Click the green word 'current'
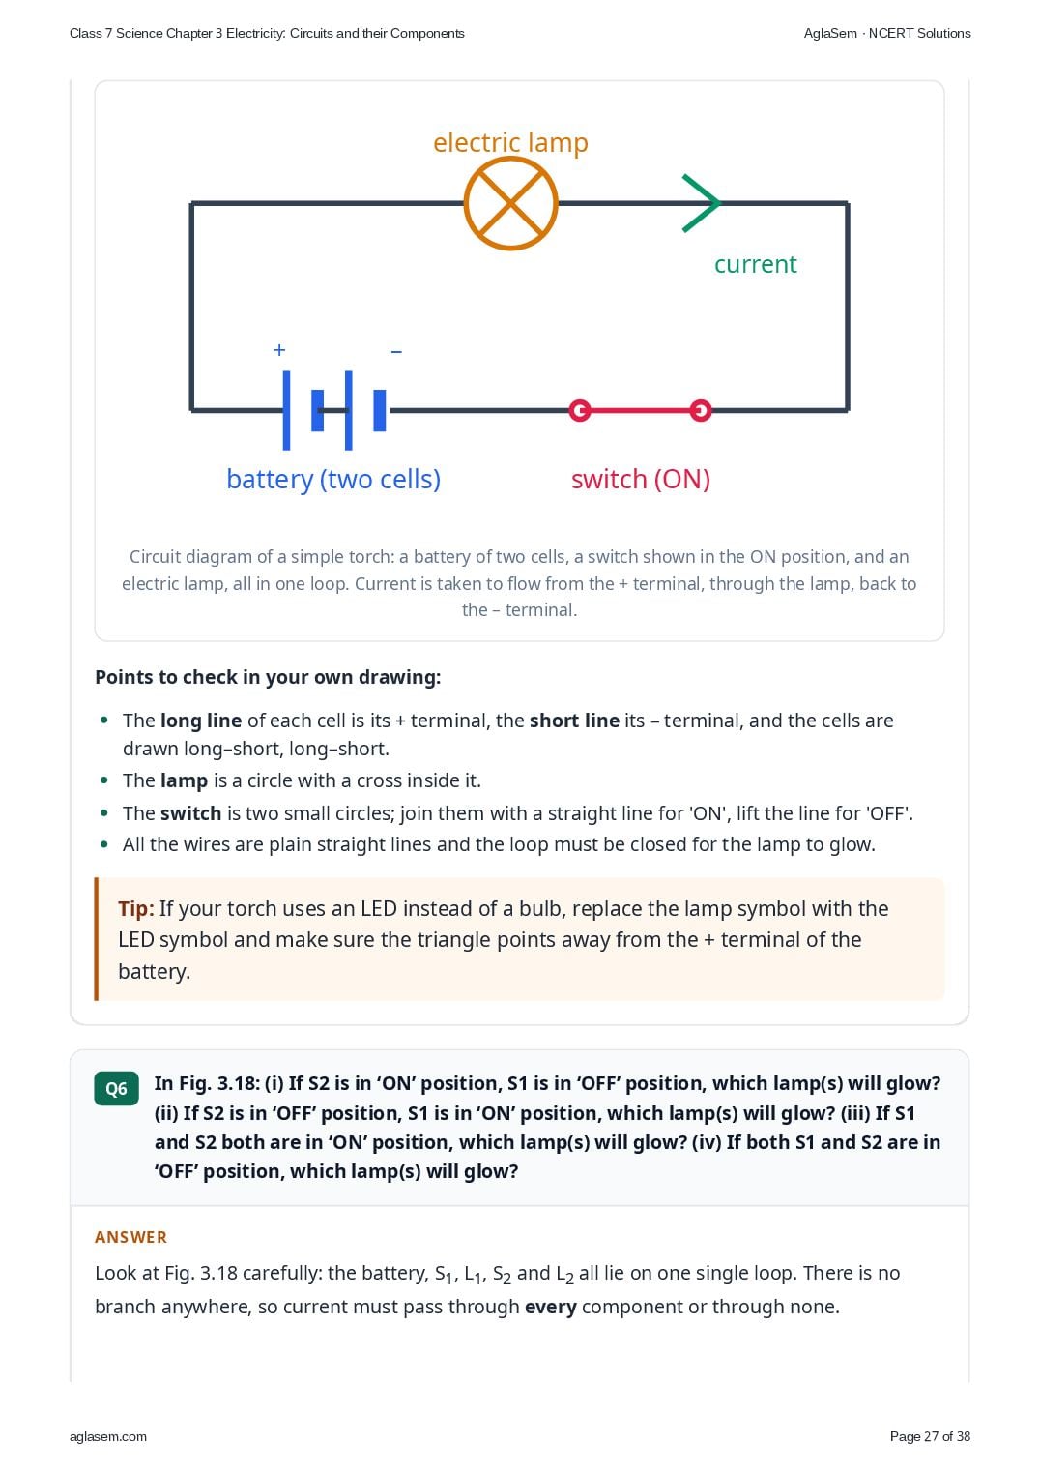point(755,264)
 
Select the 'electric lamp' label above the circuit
point(510,142)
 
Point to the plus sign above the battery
point(279,349)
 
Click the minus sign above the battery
point(396,352)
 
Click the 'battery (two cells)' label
point(333,479)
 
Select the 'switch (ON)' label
point(641,479)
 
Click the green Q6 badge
point(116,1088)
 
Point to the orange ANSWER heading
point(131,1237)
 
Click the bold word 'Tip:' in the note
point(136,908)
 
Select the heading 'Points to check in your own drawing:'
point(268,678)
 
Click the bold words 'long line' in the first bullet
point(201,721)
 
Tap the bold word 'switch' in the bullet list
point(191,813)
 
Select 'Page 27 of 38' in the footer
point(930,1436)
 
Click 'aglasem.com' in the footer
point(108,1437)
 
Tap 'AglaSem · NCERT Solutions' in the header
point(887,34)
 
